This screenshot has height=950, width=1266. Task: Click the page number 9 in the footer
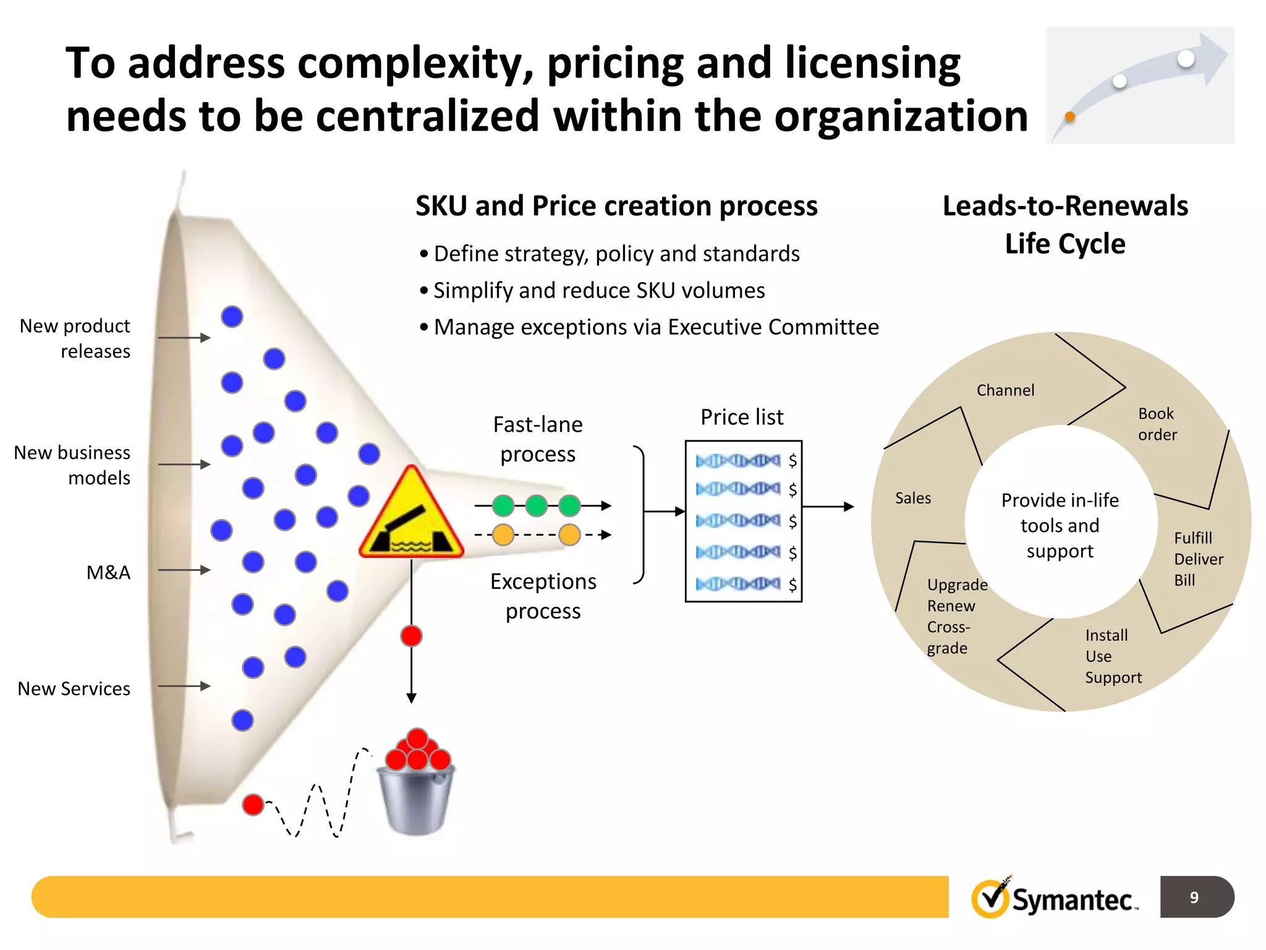1194,897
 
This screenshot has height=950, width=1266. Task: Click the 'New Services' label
74,688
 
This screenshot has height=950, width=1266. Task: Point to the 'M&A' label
108,572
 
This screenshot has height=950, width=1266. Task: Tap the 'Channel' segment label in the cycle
1005,390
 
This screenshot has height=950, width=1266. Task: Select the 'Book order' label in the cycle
1157,424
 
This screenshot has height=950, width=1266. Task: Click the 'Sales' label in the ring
913,498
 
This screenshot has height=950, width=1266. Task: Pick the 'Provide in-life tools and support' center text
1060,525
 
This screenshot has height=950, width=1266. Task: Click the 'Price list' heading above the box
742,417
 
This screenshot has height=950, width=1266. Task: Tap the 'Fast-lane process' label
538,439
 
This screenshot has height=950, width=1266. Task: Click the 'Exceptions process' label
543,596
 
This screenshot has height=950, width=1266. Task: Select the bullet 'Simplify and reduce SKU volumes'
598,290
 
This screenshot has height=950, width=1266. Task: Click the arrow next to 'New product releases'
184,338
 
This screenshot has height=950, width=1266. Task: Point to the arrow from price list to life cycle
828,507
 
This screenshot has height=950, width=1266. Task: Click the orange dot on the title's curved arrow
1070,116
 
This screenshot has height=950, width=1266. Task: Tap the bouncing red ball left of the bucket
253,805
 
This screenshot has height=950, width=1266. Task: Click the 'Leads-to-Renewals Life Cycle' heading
1065,224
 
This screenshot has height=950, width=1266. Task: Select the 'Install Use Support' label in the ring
1113,656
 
